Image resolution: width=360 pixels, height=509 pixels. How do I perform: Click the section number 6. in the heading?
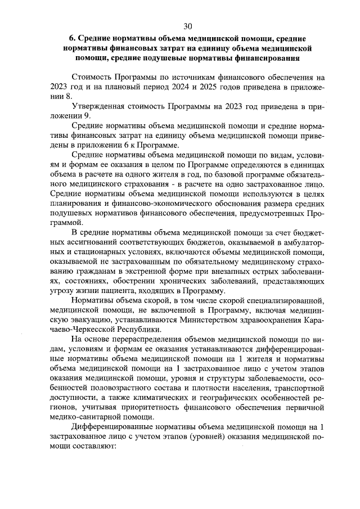72,39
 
